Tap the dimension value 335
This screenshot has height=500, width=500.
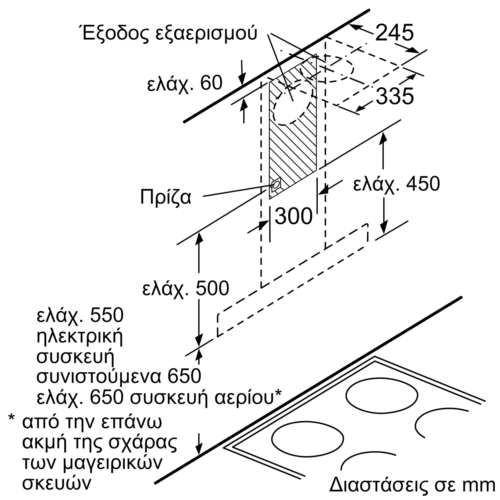coord(394,96)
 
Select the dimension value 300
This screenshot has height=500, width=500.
coord(293,216)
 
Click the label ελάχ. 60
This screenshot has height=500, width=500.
coord(185,83)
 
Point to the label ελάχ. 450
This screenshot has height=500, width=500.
coord(396,184)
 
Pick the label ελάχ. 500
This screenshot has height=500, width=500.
coord(185,288)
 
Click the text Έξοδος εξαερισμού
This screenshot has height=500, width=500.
coord(169,34)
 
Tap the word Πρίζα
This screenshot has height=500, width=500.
coord(166,197)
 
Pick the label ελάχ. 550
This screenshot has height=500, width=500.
coord(80,316)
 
